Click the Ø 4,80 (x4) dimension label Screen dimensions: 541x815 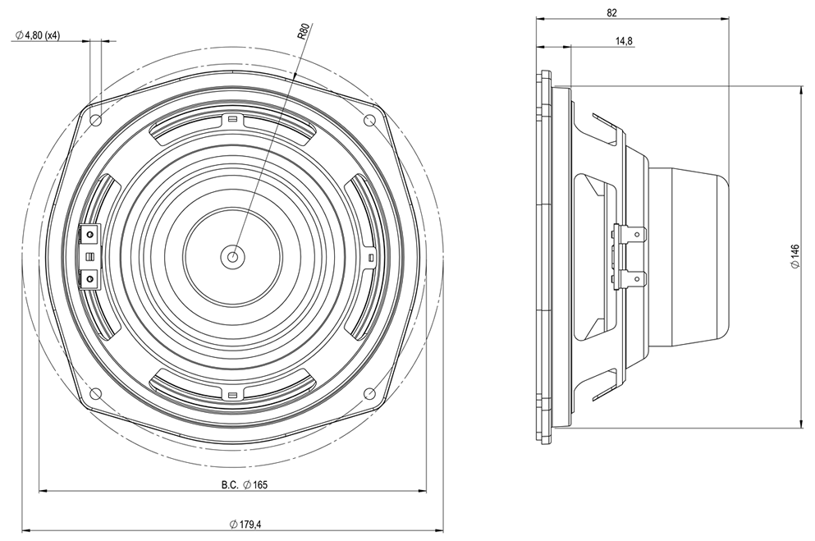click(48, 35)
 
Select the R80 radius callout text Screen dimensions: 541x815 click(303, 34)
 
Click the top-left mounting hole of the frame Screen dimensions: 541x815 click(96, 120)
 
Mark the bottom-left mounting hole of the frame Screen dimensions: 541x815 click(96, 393)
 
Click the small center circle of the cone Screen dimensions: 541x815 click(233, 257)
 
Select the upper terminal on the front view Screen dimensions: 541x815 click(89, 236)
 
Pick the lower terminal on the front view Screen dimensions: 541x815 click(89, 279)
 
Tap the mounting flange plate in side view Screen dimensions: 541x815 click(543, 257)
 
